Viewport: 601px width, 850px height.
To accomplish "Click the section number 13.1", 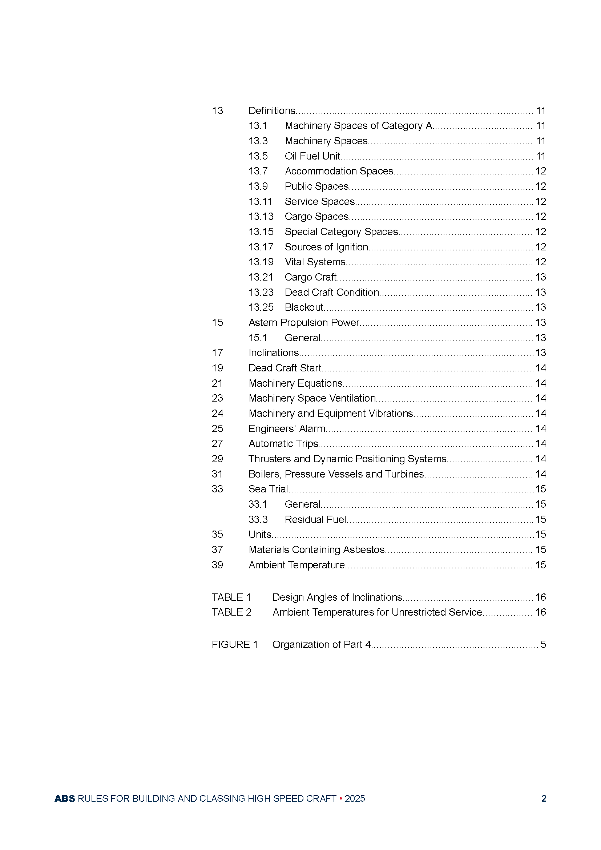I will pos(258,126).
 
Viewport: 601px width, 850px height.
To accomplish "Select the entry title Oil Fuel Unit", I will pos(312,156).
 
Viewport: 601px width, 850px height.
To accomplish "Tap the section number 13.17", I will pos(261,247).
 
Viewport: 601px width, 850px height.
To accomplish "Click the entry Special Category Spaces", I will pos(341,232).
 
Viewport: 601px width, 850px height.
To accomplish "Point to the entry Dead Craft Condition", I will pos(332,293).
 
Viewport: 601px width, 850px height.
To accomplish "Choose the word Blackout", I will pos(304,307).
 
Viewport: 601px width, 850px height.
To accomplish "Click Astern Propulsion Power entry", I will pos(304,323).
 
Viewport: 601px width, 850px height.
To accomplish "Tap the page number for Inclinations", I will pos(540,353).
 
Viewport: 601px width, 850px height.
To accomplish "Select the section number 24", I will pos(217,414).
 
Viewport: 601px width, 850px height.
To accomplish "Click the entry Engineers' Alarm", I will pos(287,429).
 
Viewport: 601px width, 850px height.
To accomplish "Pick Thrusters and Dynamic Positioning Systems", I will pos(347,459).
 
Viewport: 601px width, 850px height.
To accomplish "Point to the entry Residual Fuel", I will pos(315,520).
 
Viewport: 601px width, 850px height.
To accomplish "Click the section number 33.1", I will pos(258,505).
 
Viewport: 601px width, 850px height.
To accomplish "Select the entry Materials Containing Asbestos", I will pos(317,550).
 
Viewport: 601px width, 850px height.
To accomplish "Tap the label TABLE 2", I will pos(231,612).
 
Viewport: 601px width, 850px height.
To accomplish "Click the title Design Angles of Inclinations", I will pos(337,597).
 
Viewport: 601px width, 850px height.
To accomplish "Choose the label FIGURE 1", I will pos(235,645).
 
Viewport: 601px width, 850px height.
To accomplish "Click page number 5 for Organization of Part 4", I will pos(543,645).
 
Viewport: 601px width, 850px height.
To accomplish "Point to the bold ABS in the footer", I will pos(65,798).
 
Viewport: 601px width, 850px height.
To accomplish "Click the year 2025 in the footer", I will pos(355,798).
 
